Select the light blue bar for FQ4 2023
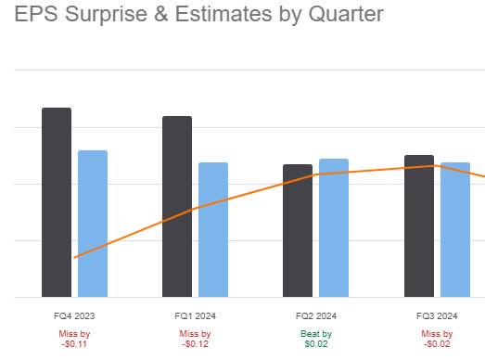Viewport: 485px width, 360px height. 93,224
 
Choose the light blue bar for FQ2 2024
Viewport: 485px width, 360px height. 334,227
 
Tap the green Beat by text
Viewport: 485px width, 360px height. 316,333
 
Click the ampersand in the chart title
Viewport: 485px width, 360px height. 147,15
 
